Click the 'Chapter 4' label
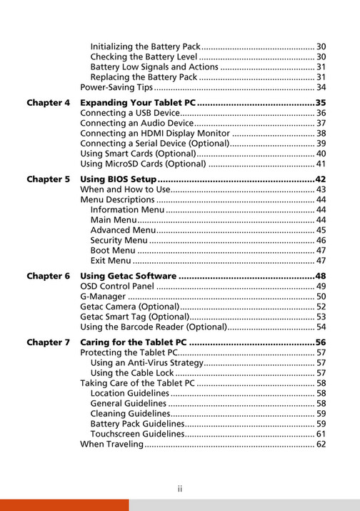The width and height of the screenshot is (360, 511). [49, 103]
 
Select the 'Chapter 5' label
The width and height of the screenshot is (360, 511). [49, 179]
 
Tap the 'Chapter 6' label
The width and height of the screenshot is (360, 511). [49, 276]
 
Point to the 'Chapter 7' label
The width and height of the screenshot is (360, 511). [49, 342]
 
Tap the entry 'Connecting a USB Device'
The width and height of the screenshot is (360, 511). [129, 113]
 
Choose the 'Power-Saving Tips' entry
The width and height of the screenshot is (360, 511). [116, 87]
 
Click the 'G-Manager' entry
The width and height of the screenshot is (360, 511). [103, 297]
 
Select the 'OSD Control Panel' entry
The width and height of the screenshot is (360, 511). [117, 287]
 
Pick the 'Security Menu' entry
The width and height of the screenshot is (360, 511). [119, 241]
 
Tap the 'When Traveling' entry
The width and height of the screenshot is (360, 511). [112, 445]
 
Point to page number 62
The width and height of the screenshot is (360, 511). [321, 445]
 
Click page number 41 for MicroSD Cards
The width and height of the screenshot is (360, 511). [321, 164]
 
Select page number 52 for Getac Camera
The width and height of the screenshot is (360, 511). [321, 307]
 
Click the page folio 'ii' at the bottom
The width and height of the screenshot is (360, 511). [180, 489]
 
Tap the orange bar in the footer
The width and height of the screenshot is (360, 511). [64, 505]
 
